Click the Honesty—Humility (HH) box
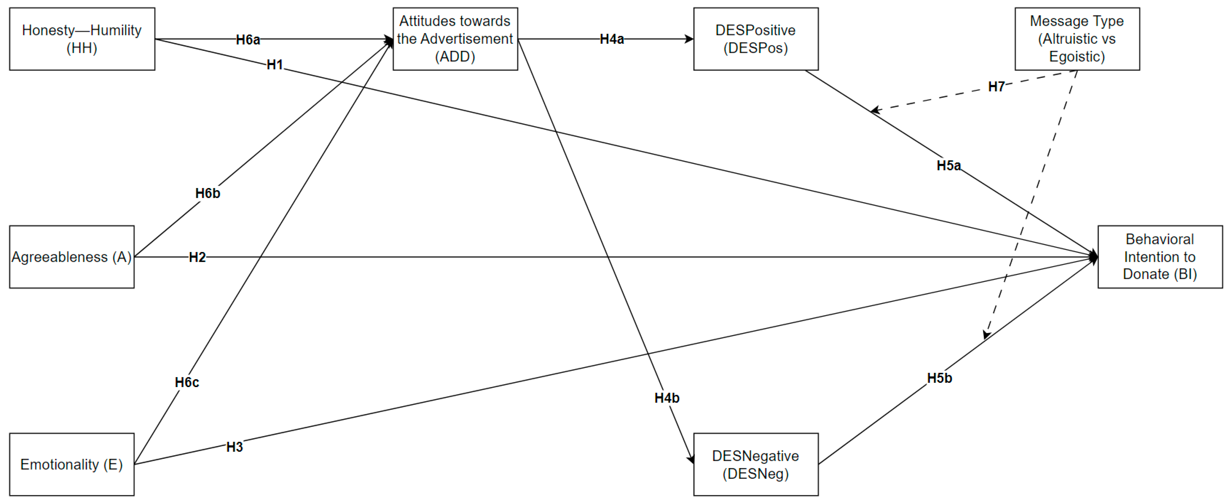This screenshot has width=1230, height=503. pyautogui.click(x=82, y=39)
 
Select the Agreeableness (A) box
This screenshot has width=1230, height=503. pyautogui.click(x=72, y=257)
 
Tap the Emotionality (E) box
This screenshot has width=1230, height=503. pyautogui.click(x=72, y=464)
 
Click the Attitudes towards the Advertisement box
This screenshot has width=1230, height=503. pyautogui.click(x=455, y=39)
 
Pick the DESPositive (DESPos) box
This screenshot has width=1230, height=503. pyautogui.click(x=755, y=39)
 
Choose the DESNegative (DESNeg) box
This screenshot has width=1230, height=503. pyautogui.click(x=755, y=464)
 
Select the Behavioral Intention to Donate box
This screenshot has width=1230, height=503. pyautogui.click(x=1160, y=257)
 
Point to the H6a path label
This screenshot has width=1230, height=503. pyautogui.click(x=248, y=40)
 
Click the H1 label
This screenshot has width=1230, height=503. pyautogui.click(x=275, y=65)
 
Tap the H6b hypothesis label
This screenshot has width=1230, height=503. pyautogui.click(x=208, y=194)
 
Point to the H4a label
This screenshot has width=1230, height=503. pyautogui.click(x=612, y=39)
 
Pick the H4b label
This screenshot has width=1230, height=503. pyautogui.click(x=667, y=398)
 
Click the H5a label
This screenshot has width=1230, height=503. pyautogui.click(x=948, y=166)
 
